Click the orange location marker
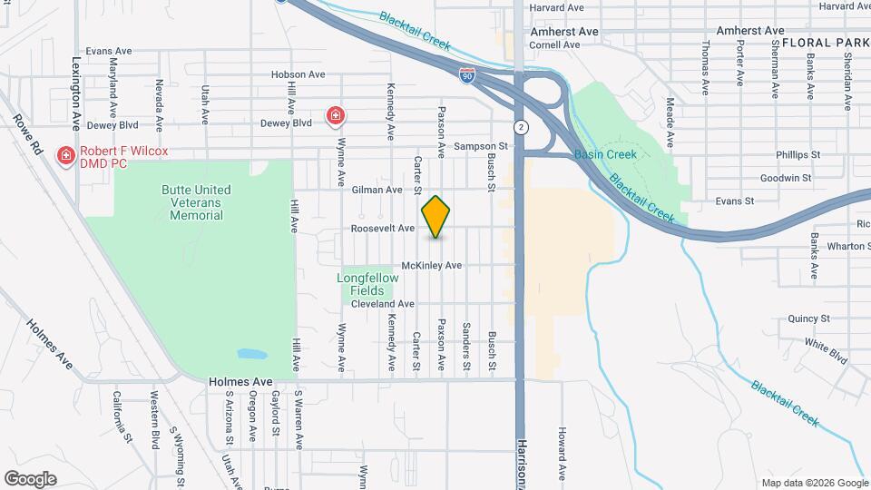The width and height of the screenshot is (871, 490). pos(436,217)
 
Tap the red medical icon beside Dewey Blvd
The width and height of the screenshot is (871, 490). pos(336,115)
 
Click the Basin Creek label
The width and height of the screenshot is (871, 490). pos(606,154)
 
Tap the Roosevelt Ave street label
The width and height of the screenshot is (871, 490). pos(382,230)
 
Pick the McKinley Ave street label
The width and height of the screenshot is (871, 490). pos(432,265)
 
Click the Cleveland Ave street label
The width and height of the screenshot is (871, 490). pos(382,304)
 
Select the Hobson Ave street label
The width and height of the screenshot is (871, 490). pos(298,74)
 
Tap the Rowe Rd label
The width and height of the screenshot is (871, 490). pos(27,133)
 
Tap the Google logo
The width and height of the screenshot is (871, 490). pos(30,478)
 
